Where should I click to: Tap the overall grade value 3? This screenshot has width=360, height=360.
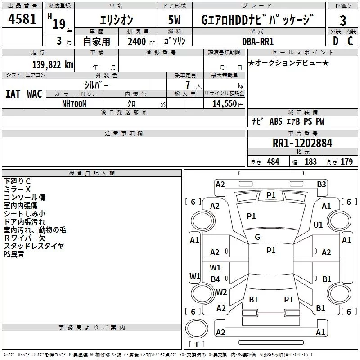click(x=343, y=20)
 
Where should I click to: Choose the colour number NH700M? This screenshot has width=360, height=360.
click(x=74, y=103)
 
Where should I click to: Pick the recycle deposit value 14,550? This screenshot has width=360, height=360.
click(x=224, y=103)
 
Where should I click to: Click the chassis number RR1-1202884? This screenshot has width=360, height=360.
click(x=302, y=143)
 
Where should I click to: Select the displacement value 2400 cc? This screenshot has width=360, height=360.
click(x=137, y=41)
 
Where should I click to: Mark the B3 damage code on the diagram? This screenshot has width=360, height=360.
click(x=321, y=184)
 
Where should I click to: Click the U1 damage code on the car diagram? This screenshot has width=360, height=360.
click(x=318, y=225)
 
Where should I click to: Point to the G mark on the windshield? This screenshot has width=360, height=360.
click(x=257, y=237)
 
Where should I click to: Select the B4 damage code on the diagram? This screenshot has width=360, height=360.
click(x=216, y=279)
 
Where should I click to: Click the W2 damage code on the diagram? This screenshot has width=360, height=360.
click(x=221, y=292)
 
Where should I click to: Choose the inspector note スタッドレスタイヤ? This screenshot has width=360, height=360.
click(x=34, y=246)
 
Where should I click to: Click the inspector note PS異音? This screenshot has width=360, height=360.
click(x=14, y=254)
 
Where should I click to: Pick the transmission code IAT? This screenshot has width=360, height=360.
click(x=13, y=94)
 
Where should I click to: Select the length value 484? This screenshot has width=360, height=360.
click(x=273, y=162)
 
